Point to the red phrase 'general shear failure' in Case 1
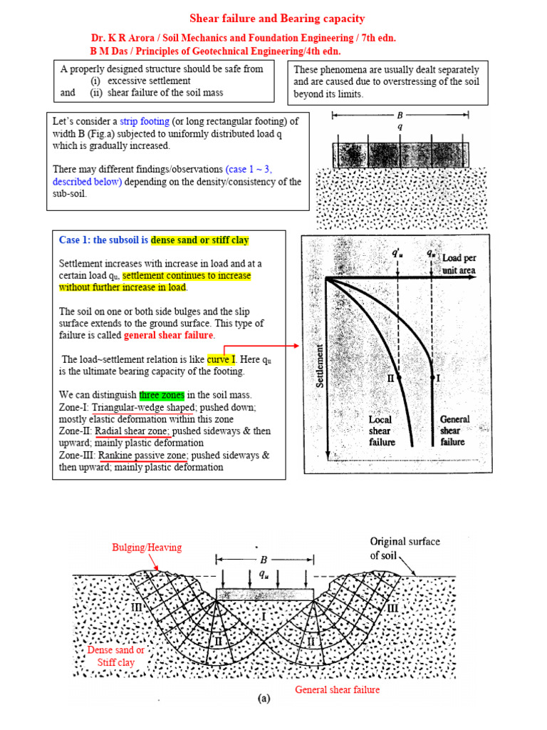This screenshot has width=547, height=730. [168, 336]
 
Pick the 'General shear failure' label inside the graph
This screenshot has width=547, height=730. [454, 431]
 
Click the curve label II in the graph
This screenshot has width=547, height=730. [390, 379]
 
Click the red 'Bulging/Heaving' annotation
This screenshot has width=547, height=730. [147, 547]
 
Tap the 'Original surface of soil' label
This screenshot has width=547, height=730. [404, 548]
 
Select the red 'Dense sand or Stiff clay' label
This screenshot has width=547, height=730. [115, 656]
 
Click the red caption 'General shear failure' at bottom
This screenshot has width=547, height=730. [337, 690]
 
